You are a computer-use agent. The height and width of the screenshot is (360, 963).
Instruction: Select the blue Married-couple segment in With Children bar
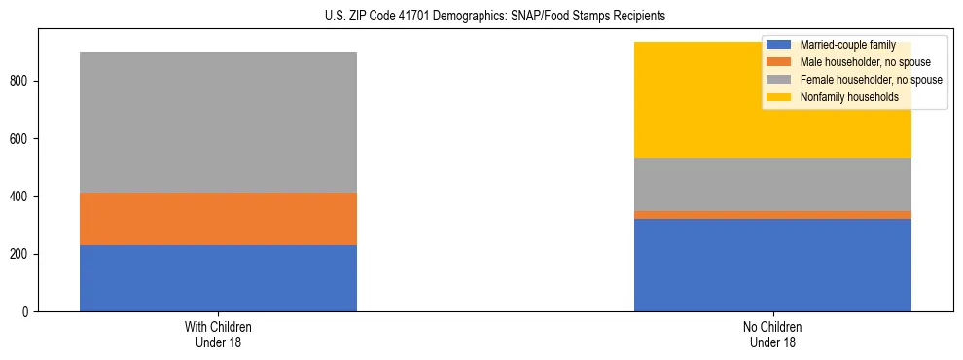[x=218, y=278]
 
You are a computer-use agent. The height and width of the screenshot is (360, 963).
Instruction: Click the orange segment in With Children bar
[x=218, y=219]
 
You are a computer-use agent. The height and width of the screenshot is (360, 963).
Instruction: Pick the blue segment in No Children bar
[x=772, y=265]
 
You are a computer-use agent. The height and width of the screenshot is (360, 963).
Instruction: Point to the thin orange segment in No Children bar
[x=772, y=215]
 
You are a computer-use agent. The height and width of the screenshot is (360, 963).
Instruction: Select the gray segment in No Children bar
[x=772, y=184]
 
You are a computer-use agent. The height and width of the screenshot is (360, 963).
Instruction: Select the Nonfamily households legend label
[x=849, y=97]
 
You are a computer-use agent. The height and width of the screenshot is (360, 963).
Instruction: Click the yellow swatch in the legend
[x=779, y=97]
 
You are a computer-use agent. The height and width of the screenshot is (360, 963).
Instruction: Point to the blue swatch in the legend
[x=779, y=45]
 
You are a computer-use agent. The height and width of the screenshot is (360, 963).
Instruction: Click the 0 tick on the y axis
[x=28, y=312]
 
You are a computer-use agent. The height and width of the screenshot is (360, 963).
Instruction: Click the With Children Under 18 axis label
[x=218, y=334]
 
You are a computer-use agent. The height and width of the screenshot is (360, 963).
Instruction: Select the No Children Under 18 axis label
[x=772, y=334]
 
